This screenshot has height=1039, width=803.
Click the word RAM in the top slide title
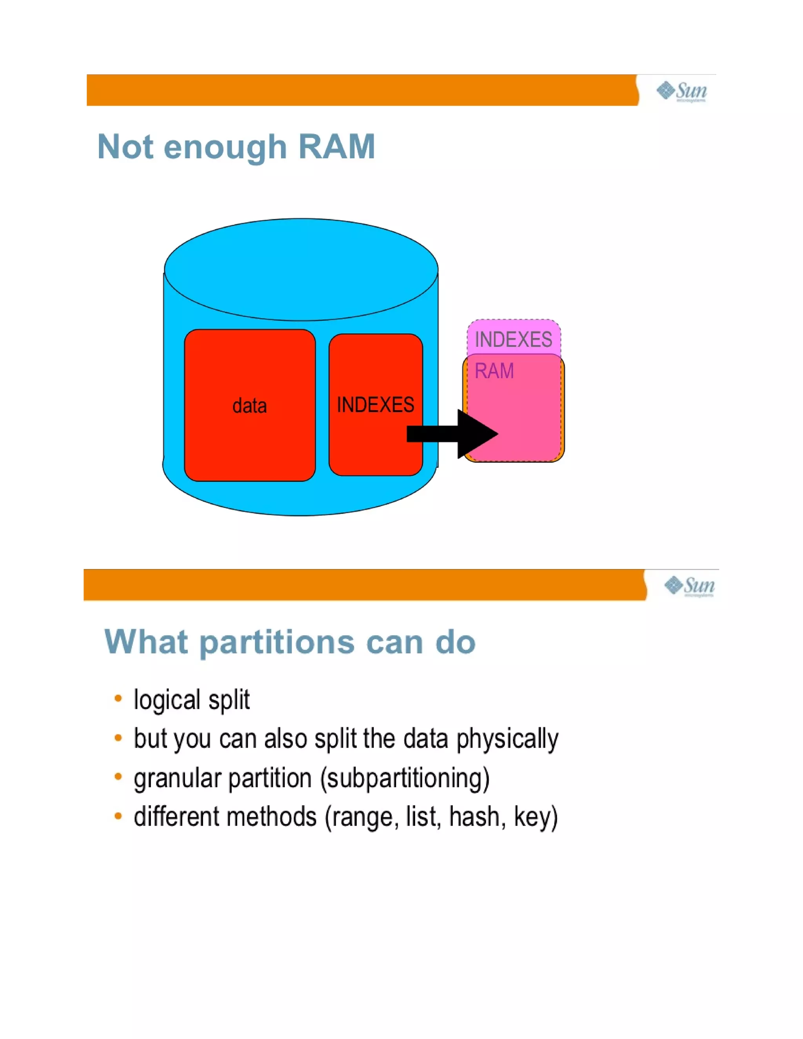(x=337, y=147)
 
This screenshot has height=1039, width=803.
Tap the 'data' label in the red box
(x=249, y=406)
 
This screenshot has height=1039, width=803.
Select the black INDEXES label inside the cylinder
(x=375, y=405)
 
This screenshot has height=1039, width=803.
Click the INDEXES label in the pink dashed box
(x=513, y=340)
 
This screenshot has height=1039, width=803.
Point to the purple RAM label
(x=494, y=371)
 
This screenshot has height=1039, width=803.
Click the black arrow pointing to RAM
(x=452, y=433)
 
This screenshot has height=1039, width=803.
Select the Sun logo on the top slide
(x=682, y=91)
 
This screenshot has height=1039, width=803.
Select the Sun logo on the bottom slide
(x=689, y=586)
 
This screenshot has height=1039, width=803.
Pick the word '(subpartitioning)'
(x=405, y=779)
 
